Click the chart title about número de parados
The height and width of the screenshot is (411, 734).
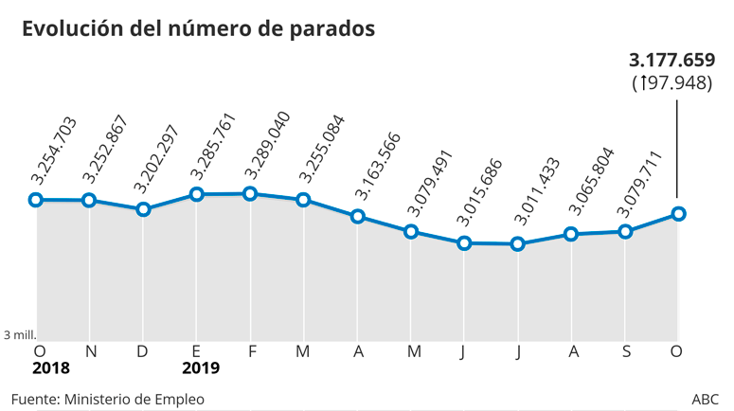[x=199, y=29]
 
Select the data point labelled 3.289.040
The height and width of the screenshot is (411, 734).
[x=250, y=193]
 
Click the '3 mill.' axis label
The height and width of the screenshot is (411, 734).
[x=20, y=334]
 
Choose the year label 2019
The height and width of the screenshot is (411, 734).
[x=200, y=367]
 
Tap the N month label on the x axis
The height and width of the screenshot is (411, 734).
[x=91, y=351]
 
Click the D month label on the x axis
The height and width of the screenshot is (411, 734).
[x=143, y=351]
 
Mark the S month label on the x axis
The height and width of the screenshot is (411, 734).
[x=625, y=351]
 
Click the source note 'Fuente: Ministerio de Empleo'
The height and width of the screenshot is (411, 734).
[x=107, y=398]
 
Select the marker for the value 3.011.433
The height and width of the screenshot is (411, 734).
[x=517, y=244]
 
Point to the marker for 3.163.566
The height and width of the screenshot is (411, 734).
[x=357, y=216]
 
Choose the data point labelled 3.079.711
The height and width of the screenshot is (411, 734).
[x=625, y=230]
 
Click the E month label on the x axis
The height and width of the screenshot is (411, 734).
[x=196, y=351]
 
